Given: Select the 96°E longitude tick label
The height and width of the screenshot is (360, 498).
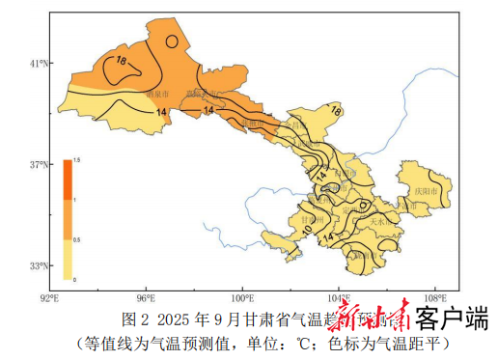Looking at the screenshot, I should (x=147, y=296).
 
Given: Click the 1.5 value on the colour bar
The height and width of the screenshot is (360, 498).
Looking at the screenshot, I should (x=77, y=159).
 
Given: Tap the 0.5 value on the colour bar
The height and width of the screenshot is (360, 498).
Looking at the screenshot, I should (x=77, y=239).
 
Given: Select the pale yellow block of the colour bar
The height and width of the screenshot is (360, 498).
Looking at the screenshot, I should (x=68, y=259).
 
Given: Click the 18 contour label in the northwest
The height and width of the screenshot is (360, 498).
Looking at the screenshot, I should (x=121, y=62).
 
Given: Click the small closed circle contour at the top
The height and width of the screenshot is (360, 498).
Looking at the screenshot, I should (x=171, y=42).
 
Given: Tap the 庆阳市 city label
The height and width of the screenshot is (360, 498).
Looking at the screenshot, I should (x=426, y=192).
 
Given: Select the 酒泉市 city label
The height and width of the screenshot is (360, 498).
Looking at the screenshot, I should (x=156, y=95).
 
